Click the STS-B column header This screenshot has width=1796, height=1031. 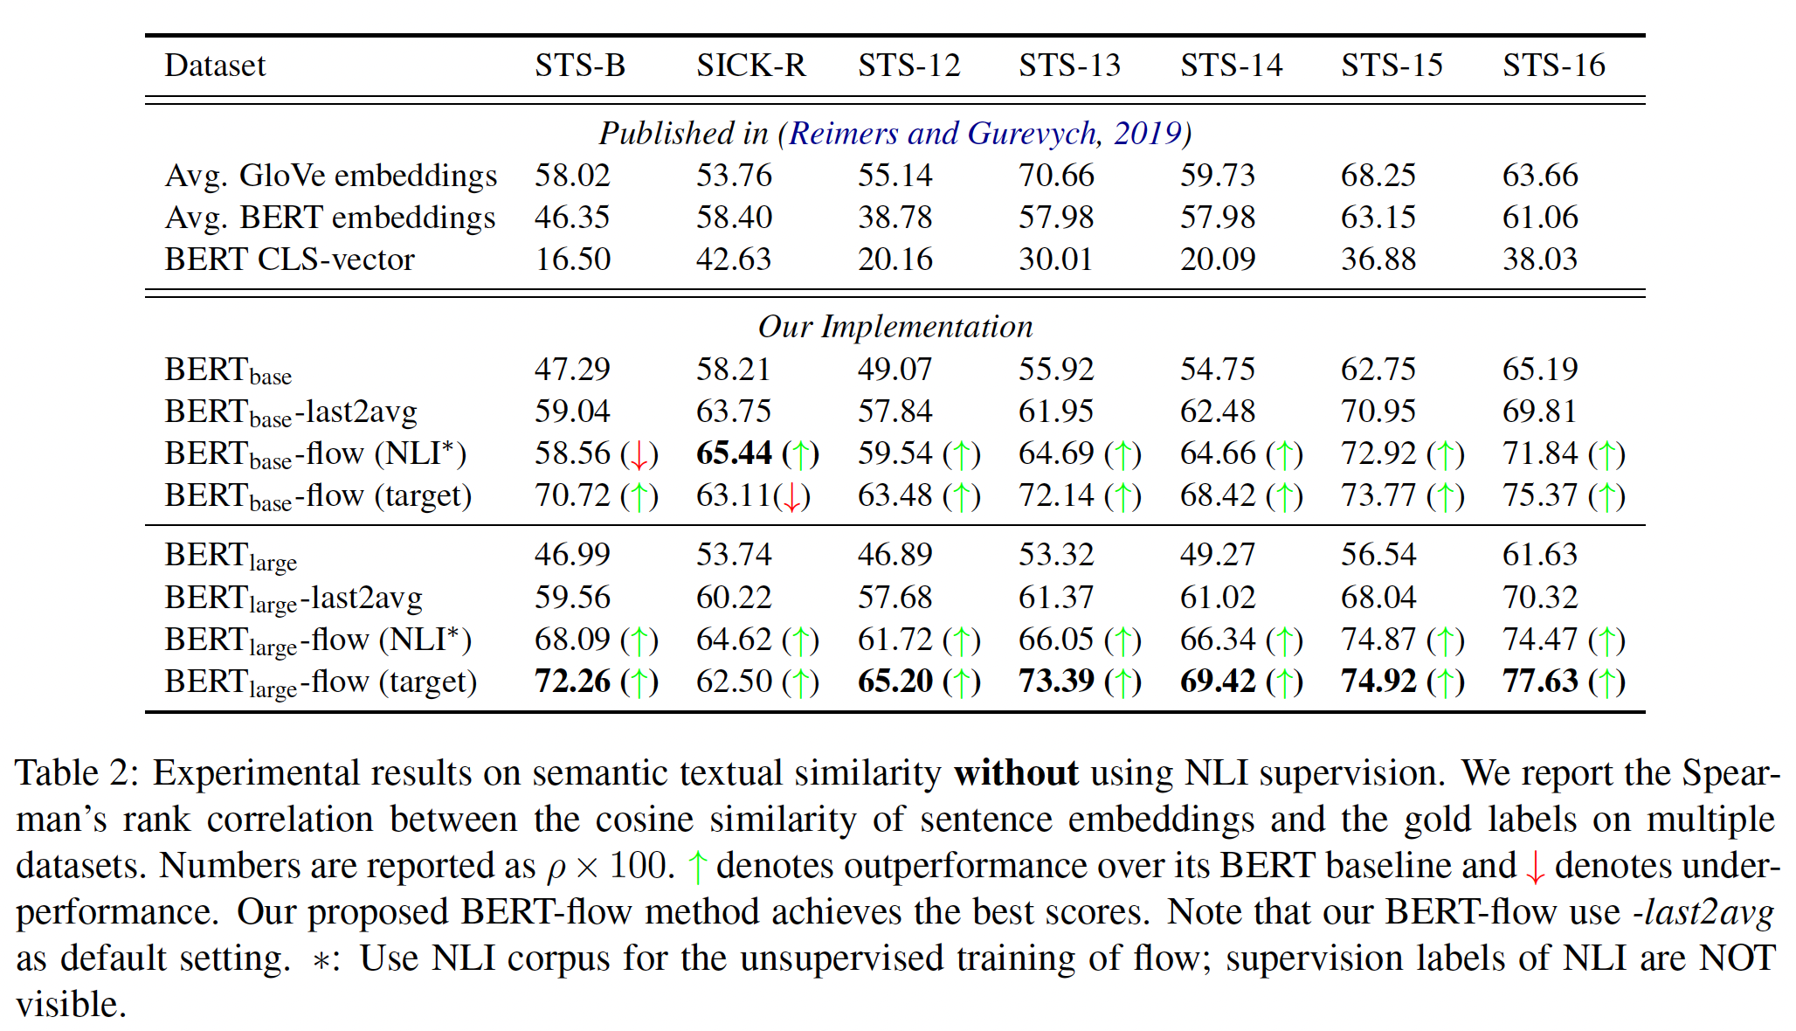pos(580,66)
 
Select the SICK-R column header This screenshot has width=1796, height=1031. pos(750,66)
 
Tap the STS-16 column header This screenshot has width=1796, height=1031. pos(1553,66)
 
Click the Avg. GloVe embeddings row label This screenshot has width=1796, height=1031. pos(331,176)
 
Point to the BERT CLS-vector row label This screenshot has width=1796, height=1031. pos(289,259)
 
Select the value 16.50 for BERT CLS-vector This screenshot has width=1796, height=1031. pos(572,259)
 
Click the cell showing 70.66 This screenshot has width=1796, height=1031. pos(1056,176)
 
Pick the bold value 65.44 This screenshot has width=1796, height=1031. pos(734,453)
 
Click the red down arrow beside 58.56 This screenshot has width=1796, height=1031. pos(639,454)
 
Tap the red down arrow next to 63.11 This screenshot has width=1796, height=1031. pos(791,497)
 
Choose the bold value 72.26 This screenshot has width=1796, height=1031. pos(572,682)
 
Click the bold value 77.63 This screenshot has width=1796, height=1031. pos(1540,682)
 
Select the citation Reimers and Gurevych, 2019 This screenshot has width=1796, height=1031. pos(984,133)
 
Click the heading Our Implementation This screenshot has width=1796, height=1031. pos(895,327)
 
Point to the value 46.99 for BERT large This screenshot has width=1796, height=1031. pos(572,555)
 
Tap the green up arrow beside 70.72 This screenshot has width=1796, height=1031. pos(639,496)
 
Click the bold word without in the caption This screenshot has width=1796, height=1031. pos(1016,773)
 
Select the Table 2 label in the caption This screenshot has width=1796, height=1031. pos(77,773)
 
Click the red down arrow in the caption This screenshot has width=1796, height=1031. pos(1535,867)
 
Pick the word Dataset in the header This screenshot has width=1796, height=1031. pos(215,66)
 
